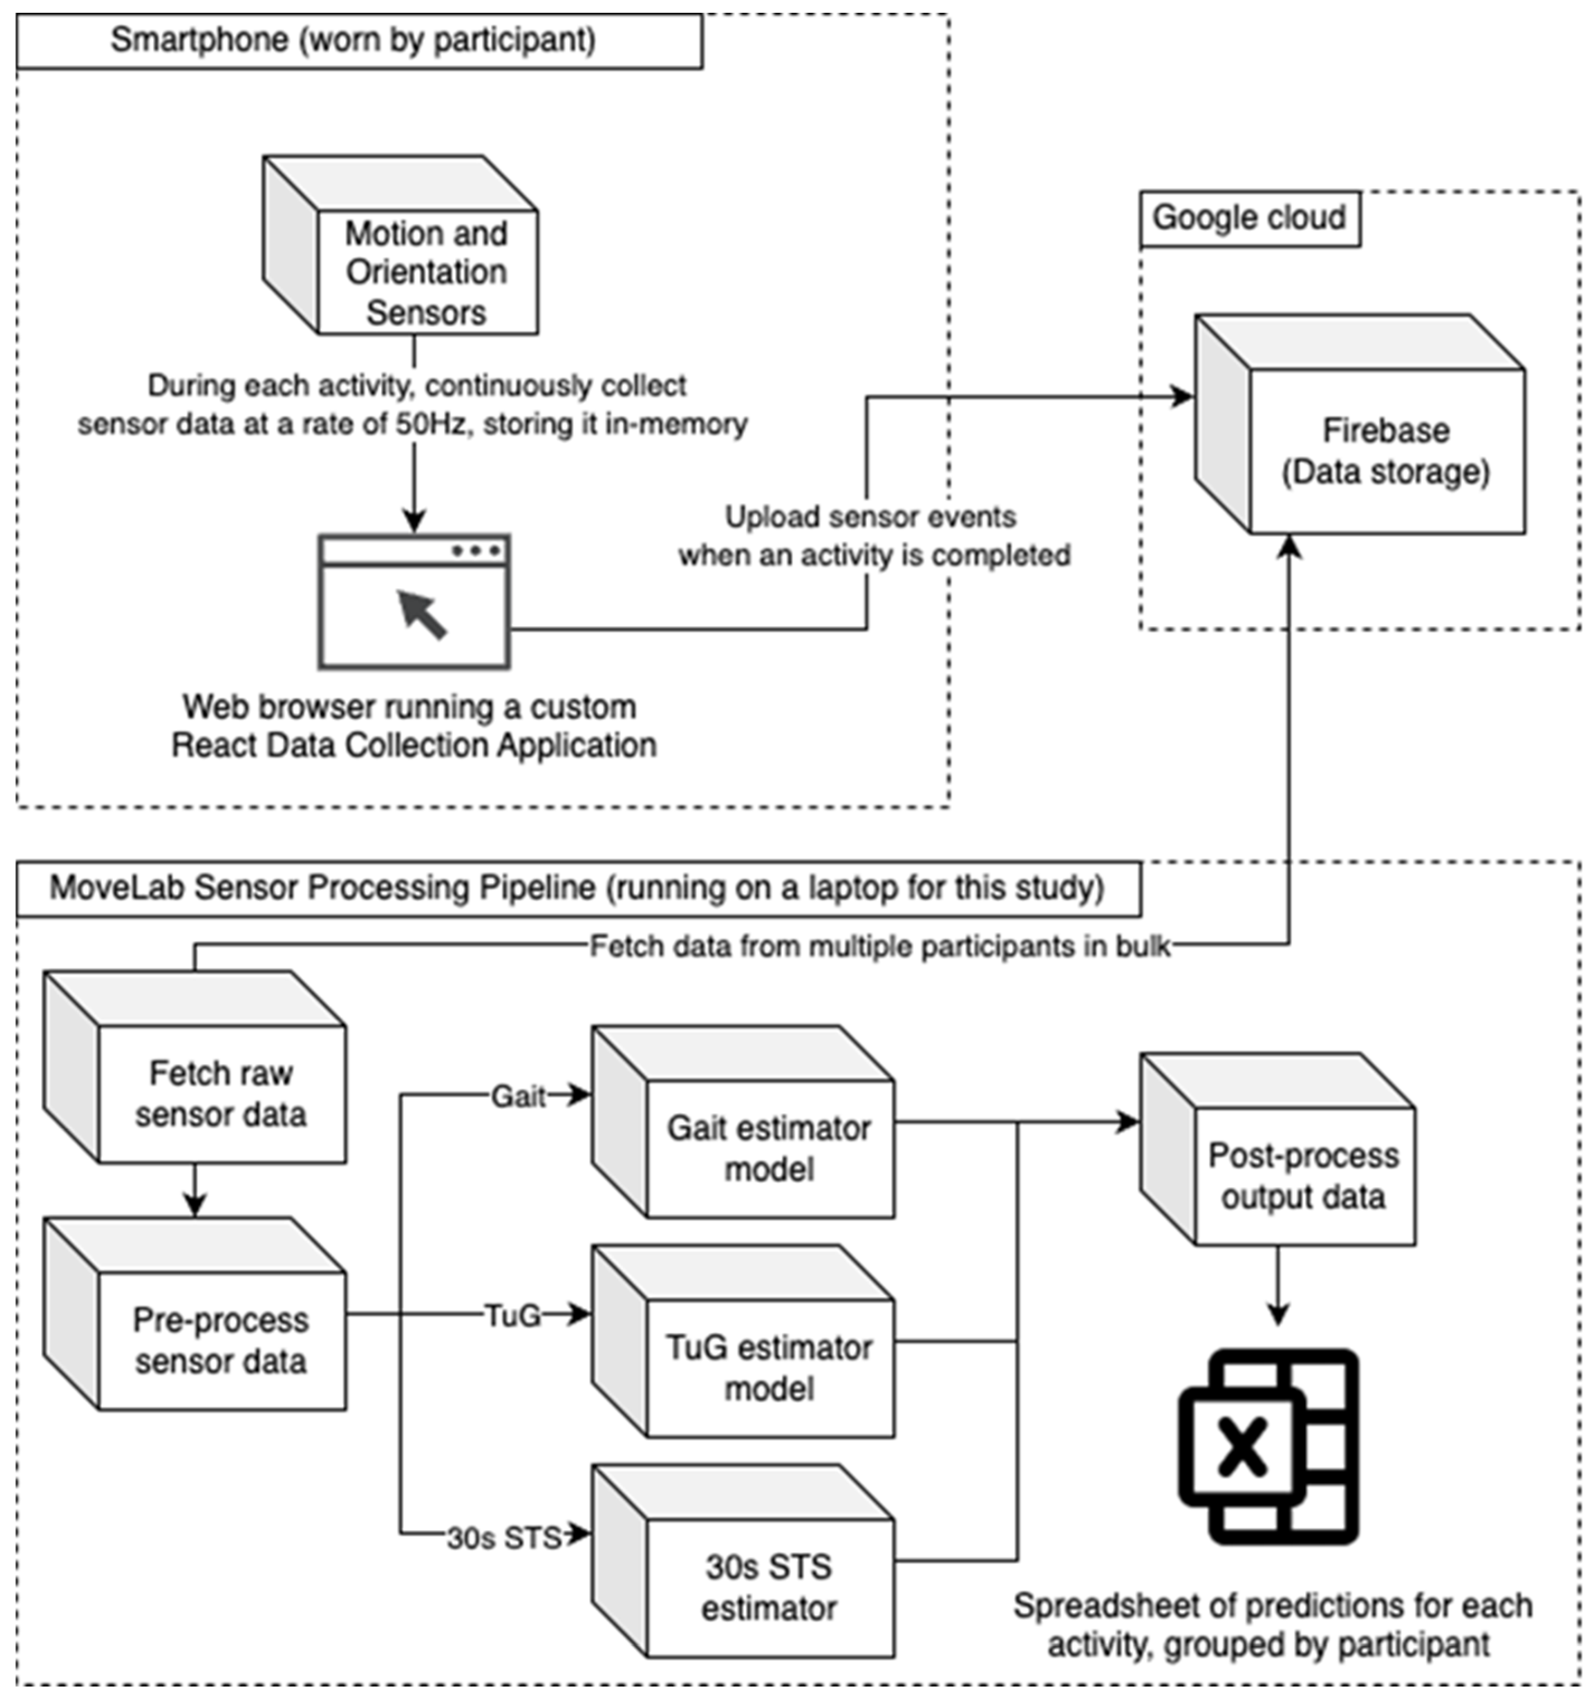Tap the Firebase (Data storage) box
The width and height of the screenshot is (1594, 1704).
(x=1386, y=450)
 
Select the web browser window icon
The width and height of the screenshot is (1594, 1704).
(x=415, y=602)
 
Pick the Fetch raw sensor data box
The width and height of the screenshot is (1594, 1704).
(x=221, y=1093)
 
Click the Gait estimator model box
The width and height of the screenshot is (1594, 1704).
(x=769, y=1148)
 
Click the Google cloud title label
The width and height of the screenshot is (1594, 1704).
(x=1248, y=217)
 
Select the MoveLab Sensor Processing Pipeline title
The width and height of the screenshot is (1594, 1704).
(x=577, y=888)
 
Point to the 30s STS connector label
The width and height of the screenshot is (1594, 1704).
(x=504, y=1538)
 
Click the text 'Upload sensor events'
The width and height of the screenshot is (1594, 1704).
(x=871, y=517)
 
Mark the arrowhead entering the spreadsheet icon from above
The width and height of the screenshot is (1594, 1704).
(x=1278, y=1314)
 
